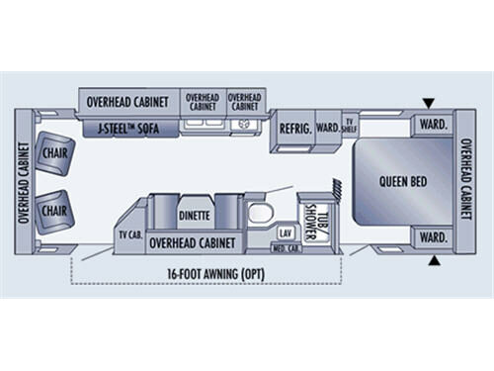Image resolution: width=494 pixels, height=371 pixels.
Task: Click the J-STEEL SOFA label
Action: coord(129,128)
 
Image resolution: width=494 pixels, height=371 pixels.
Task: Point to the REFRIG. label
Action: coord(294,129)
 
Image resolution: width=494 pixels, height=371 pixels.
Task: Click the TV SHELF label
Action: coord(349,126)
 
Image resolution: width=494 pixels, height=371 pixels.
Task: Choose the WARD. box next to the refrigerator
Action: coord(327,128)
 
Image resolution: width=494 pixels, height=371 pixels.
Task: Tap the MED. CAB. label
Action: coord(287,247)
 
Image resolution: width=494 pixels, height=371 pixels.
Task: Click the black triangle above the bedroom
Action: coord(428,102)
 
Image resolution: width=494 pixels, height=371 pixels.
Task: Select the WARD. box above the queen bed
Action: coord(432,125)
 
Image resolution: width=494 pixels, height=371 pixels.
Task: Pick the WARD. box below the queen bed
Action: coord(432,237)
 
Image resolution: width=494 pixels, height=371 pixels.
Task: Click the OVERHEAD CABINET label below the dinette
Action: coord(195,240)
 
